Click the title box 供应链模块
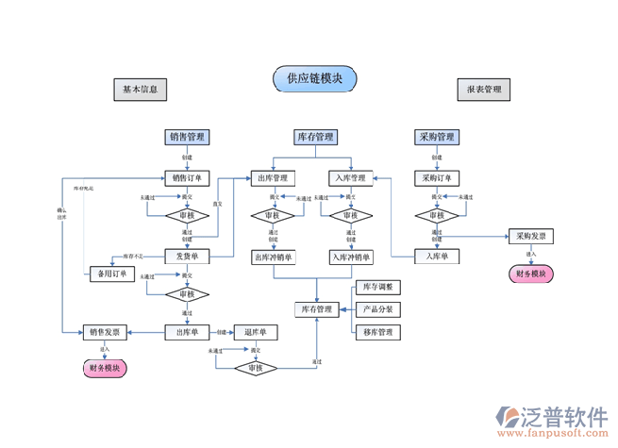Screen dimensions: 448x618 point(315,78)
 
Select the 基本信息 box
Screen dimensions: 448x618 point(141,90)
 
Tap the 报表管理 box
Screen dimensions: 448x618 point(484,90)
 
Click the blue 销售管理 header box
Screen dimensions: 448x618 point(188,137)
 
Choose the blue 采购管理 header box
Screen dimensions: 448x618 point(436,137)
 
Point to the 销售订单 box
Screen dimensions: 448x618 point(187,177)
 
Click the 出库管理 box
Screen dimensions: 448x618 point(273,177)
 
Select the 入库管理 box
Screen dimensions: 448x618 point(351,177)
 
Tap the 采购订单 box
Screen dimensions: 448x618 point(436,177)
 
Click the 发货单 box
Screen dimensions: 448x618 point(187,256)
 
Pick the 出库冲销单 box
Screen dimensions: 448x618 point(273,257)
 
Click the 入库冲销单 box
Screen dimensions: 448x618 point(351,257)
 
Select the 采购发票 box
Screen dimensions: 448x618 point(530,236)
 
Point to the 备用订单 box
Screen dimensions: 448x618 point(112,274)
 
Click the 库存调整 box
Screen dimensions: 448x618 point(377,287)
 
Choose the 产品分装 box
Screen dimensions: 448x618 point(377,309)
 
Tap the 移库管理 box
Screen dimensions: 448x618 point(377,332)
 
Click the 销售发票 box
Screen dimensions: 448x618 point(104,332)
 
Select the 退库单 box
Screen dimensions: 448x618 point(256,332)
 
